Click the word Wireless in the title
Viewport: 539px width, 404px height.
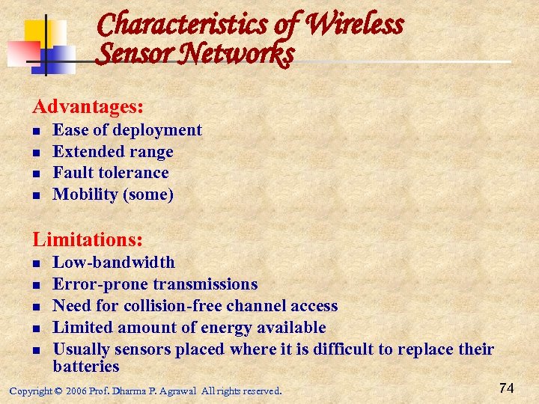(x=355, y=25)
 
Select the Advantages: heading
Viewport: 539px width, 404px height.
(x=88, y=107)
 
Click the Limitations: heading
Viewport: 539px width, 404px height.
(x=88, y=239)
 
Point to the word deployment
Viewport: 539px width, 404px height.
(x=157, y=130)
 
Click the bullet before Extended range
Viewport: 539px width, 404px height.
(x=36, y=153)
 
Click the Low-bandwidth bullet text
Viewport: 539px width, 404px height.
(x=114, y=263)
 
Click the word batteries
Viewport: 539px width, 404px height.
(x=86, y=367)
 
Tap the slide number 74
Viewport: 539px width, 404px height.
(x=506, y=388)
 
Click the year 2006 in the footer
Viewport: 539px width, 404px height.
(x=76, y=391)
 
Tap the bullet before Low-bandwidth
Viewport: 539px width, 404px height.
(x=36, y=263)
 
